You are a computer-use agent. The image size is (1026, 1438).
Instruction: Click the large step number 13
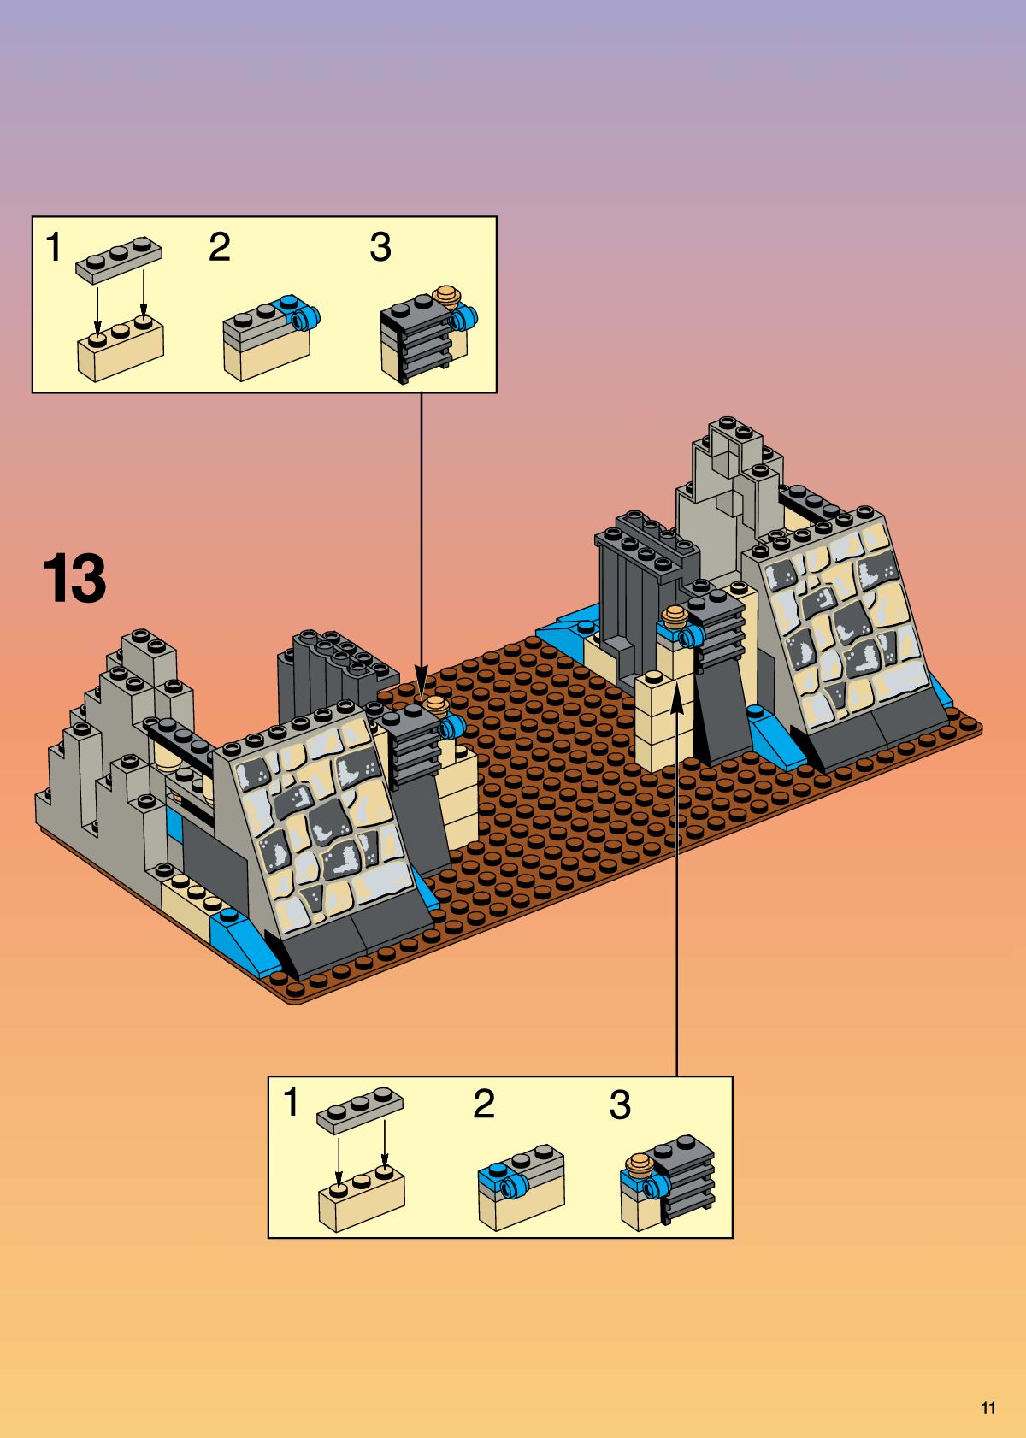pyautogui.click(x=74, y=579)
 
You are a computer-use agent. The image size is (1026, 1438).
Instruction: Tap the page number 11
pyautogui.click(x=988, y=1408)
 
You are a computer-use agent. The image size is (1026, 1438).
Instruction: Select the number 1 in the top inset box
pyautogui.click(x=54, y=247)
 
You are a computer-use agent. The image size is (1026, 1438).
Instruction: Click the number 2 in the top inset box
pyautogui.click(x=220, y=247)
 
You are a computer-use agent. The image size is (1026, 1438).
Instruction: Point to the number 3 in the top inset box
pyautogui.click(x=380, y=247)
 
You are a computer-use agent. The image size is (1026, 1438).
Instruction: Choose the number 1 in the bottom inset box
pyautogui.click(x=292, y=1103)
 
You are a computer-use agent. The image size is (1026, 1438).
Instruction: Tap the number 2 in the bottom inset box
pyautogui.click(x=484, y=1104)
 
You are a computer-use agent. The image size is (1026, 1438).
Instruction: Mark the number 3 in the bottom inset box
pyautogui.click(x=620, y=1105)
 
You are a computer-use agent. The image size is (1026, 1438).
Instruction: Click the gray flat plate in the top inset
pyautogui.click(x=119, y=258)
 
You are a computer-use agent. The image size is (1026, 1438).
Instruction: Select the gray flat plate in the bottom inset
pyautogui.click(x=360, y=1112)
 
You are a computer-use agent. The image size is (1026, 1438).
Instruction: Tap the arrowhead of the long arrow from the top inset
pyautogui.click(x=421, y=680)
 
